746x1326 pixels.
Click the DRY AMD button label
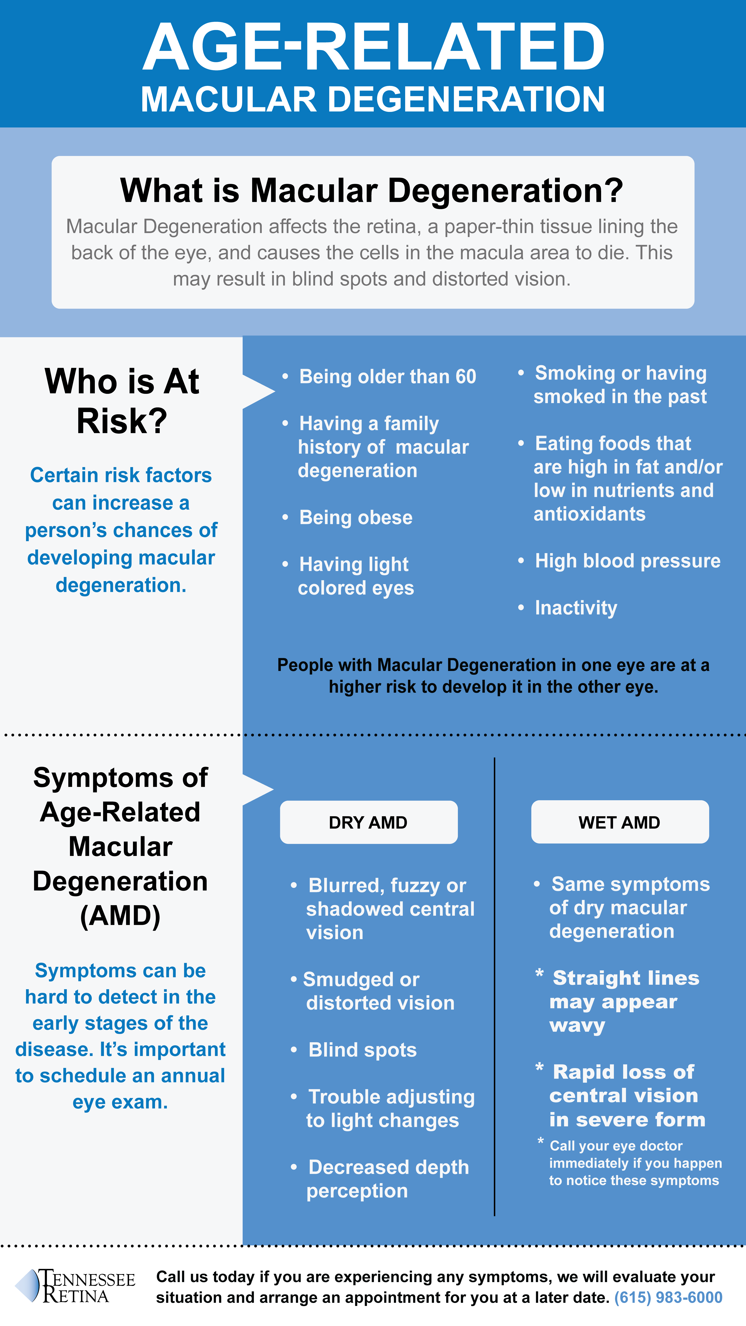(368, 823)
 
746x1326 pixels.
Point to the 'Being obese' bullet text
(356, 517)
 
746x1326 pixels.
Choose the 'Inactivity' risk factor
(576, 608)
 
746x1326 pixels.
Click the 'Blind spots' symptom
(362, 1050)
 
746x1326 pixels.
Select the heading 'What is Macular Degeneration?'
(372, 190)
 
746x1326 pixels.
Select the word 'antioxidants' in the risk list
(590, 514)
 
